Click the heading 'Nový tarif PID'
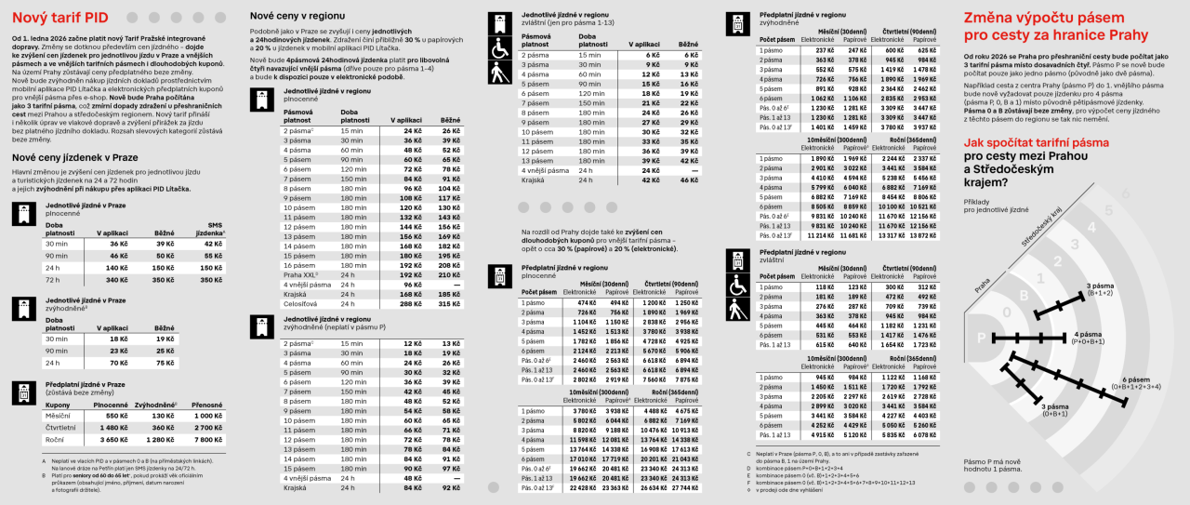[x=52, y=17]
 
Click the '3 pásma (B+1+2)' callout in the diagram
[x=1101, y=288]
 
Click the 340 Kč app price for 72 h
[x=116, y=279]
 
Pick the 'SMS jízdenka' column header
[x=209, y=230]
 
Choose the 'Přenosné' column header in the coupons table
[x=206, y=405]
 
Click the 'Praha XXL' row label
[x=301, y=275]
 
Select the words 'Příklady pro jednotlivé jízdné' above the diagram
[x=995, y=206]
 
